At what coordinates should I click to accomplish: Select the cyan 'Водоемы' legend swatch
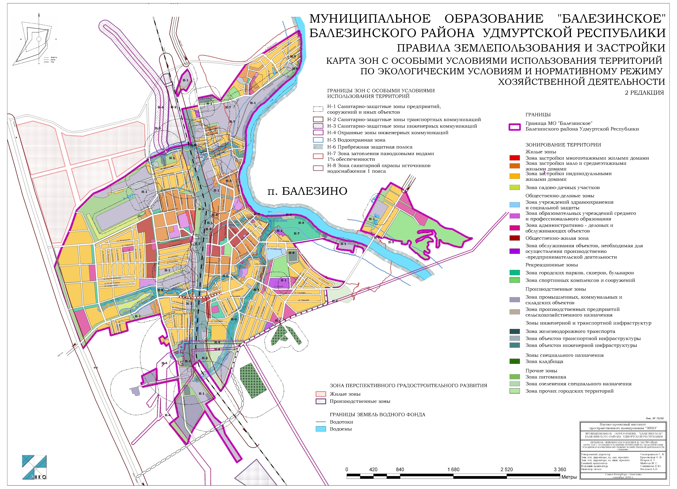321,429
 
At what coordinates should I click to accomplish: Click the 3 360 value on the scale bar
560,470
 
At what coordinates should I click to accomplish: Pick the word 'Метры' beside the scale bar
569,477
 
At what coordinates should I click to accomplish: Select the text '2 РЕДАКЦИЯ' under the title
644,93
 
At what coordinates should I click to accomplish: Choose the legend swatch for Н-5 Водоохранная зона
318,140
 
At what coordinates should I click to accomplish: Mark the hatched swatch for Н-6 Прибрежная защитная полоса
318,147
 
